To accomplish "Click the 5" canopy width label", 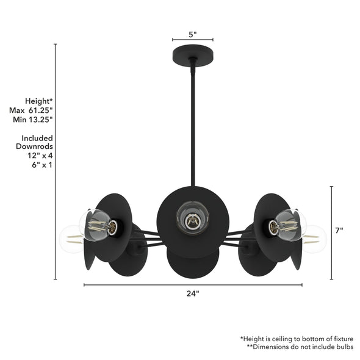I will [x=192, y=35].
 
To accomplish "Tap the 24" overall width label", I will [x=192, y=293].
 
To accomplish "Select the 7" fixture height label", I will [x=339, y=230].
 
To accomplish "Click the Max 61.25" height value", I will [x=32, y=110].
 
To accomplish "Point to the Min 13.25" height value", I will [x=32, y=120].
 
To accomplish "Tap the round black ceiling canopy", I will [x=193, y=51].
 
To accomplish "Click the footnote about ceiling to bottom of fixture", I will [x=296, y=338].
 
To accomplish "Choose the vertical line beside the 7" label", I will [x=331, y=232].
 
